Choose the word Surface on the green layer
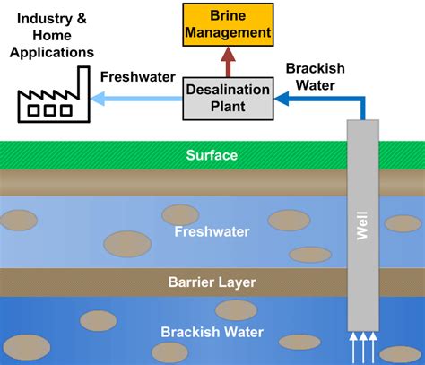point(212,155)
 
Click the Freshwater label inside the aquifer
point(212,231)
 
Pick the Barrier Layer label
point(212,282)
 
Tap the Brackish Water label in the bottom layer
point(212,332)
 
